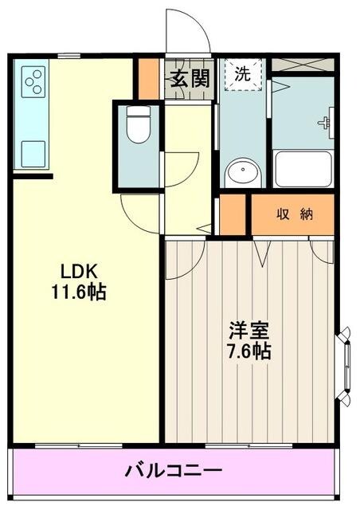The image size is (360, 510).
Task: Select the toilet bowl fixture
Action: (139, 127)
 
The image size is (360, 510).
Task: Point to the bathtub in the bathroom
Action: (302, 168)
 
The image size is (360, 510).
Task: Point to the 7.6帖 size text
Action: (245, 351)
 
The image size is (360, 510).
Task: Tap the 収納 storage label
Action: (293, 214)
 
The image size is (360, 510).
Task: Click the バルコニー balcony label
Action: (172, 471)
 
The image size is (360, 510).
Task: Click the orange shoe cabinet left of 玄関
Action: (148, 79)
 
